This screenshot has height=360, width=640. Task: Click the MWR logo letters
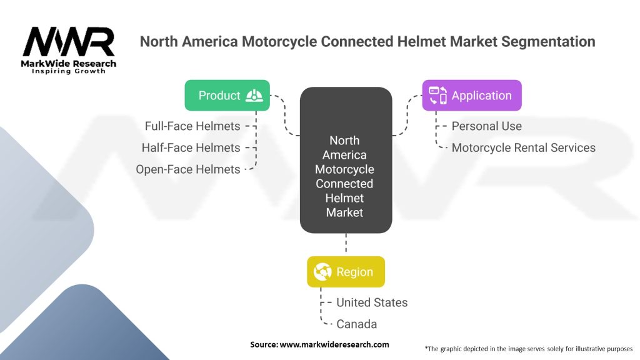pyautogui.click(x=69, y=41)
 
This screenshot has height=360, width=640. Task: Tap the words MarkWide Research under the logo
pyautogui.click(x=69, y=64)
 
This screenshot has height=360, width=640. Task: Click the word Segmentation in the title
pyautogui.click(x=548, y=42)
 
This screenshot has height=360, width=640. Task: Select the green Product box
pyautogui.click(x=227, y=96)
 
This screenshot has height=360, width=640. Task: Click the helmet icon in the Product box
pyautogui.click(x=254, y=96)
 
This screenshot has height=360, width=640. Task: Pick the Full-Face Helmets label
pyautogui.click(x=192, y=126)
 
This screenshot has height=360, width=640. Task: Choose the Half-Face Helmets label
pyautogui.click(x=191, y=147)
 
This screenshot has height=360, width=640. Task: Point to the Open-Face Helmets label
pyautogui.click(x=187, y=169)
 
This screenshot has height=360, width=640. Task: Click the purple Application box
pyautogui.click(x=472, y=96)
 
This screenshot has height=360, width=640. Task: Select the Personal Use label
pyautogui.click(x=486, y=126)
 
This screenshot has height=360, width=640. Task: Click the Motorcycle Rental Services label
pyautogui.click(x=524, y=147)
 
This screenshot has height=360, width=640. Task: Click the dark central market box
pyautogui.click(x=346, y=160)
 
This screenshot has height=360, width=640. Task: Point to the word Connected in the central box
pyautogui.click(x=344, y=184)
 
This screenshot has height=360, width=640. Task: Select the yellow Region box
pyautogui.click(x=346, y=272)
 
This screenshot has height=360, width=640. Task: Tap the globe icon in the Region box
pyautogui.click(x=322, y=272)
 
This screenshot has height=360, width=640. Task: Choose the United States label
pyautogui.click(x=372, y=302)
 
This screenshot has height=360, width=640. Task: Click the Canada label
pyautogui.click(x=356, y=324)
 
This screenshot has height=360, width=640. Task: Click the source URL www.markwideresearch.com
pyautogui.click(x=334, y=344)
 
